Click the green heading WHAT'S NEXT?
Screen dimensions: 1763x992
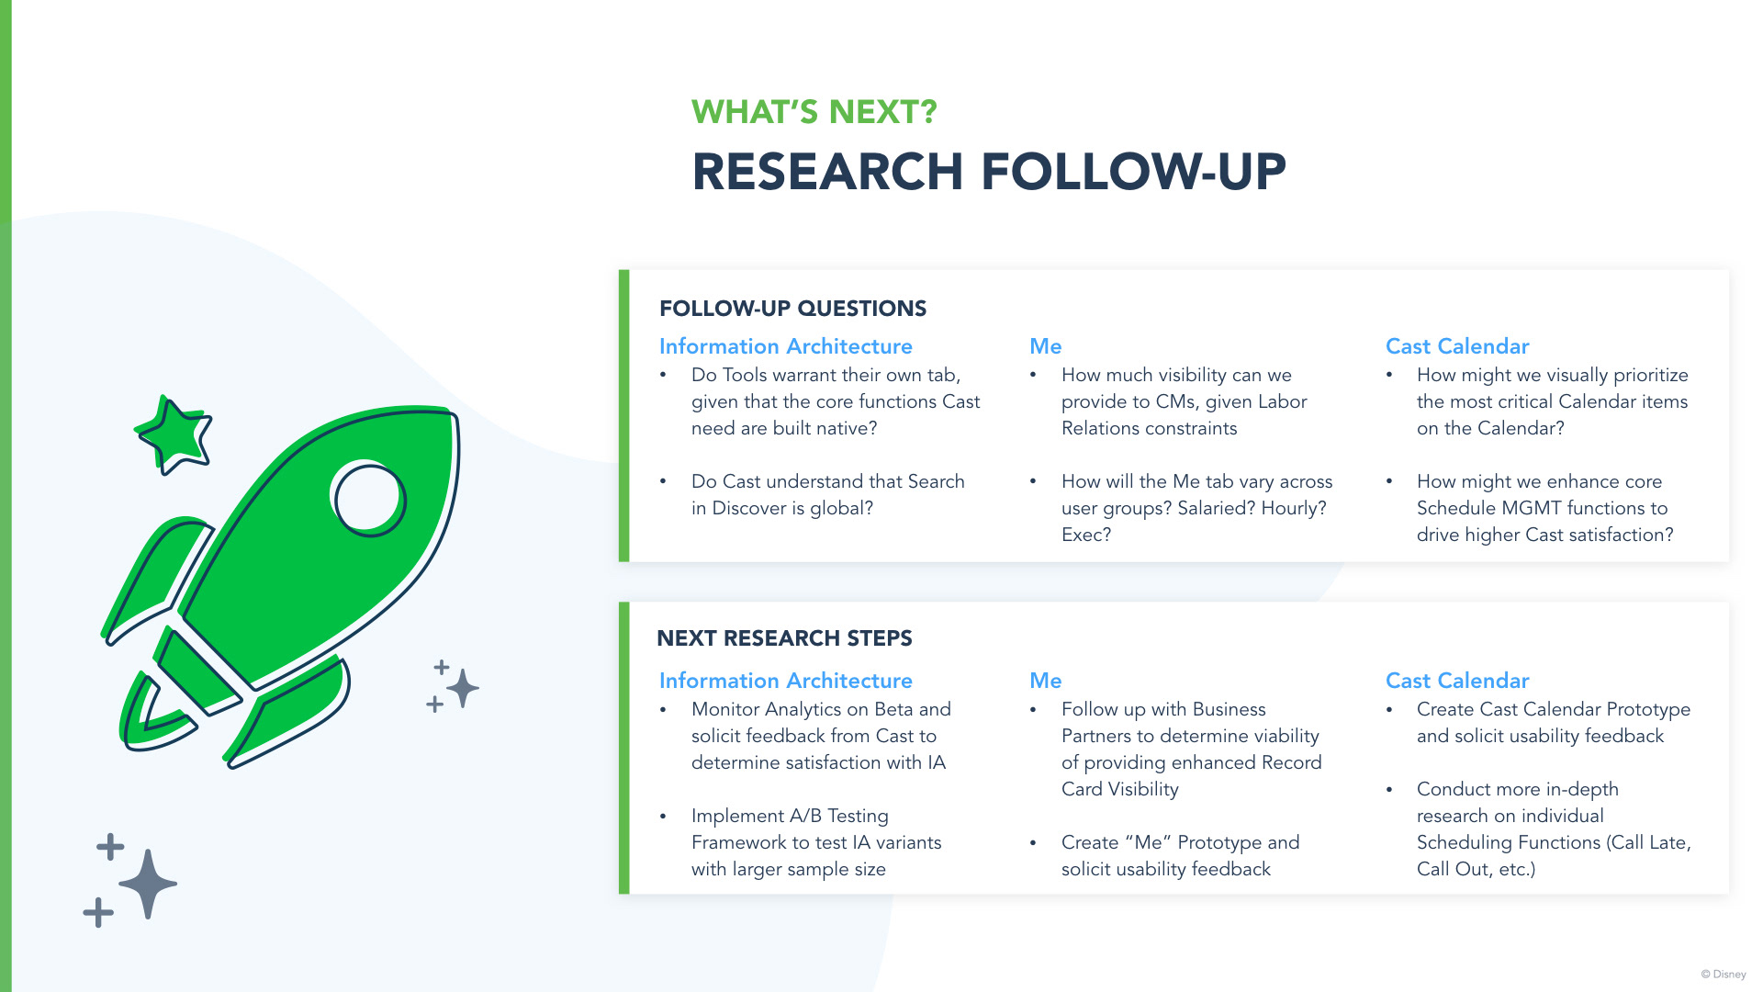[x=814, y=112]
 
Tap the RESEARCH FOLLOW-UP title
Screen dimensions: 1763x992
[x=989, y=172]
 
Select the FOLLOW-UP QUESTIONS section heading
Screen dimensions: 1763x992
[x=792, y=309]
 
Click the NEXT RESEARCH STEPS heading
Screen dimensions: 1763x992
[x=784, y=638]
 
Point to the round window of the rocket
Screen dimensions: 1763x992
[x=368, y=499]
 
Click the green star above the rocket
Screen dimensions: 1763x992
[x=173, y=434]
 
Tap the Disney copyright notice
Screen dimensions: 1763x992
[x=1724, y=975]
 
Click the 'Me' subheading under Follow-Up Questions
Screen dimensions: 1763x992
[x=1045, y=346]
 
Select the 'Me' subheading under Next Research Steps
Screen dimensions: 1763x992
[x=1045, y=681]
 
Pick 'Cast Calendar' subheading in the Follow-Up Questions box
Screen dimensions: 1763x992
[x=1457, y=346]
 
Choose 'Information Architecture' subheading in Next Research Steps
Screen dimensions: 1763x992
[x=785, y=681]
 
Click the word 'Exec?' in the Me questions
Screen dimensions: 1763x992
[x=1086, y=535]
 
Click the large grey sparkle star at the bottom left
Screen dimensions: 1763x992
[x=148, y=884]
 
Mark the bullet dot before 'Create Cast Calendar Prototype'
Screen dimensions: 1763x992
[x=1389, y=710]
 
